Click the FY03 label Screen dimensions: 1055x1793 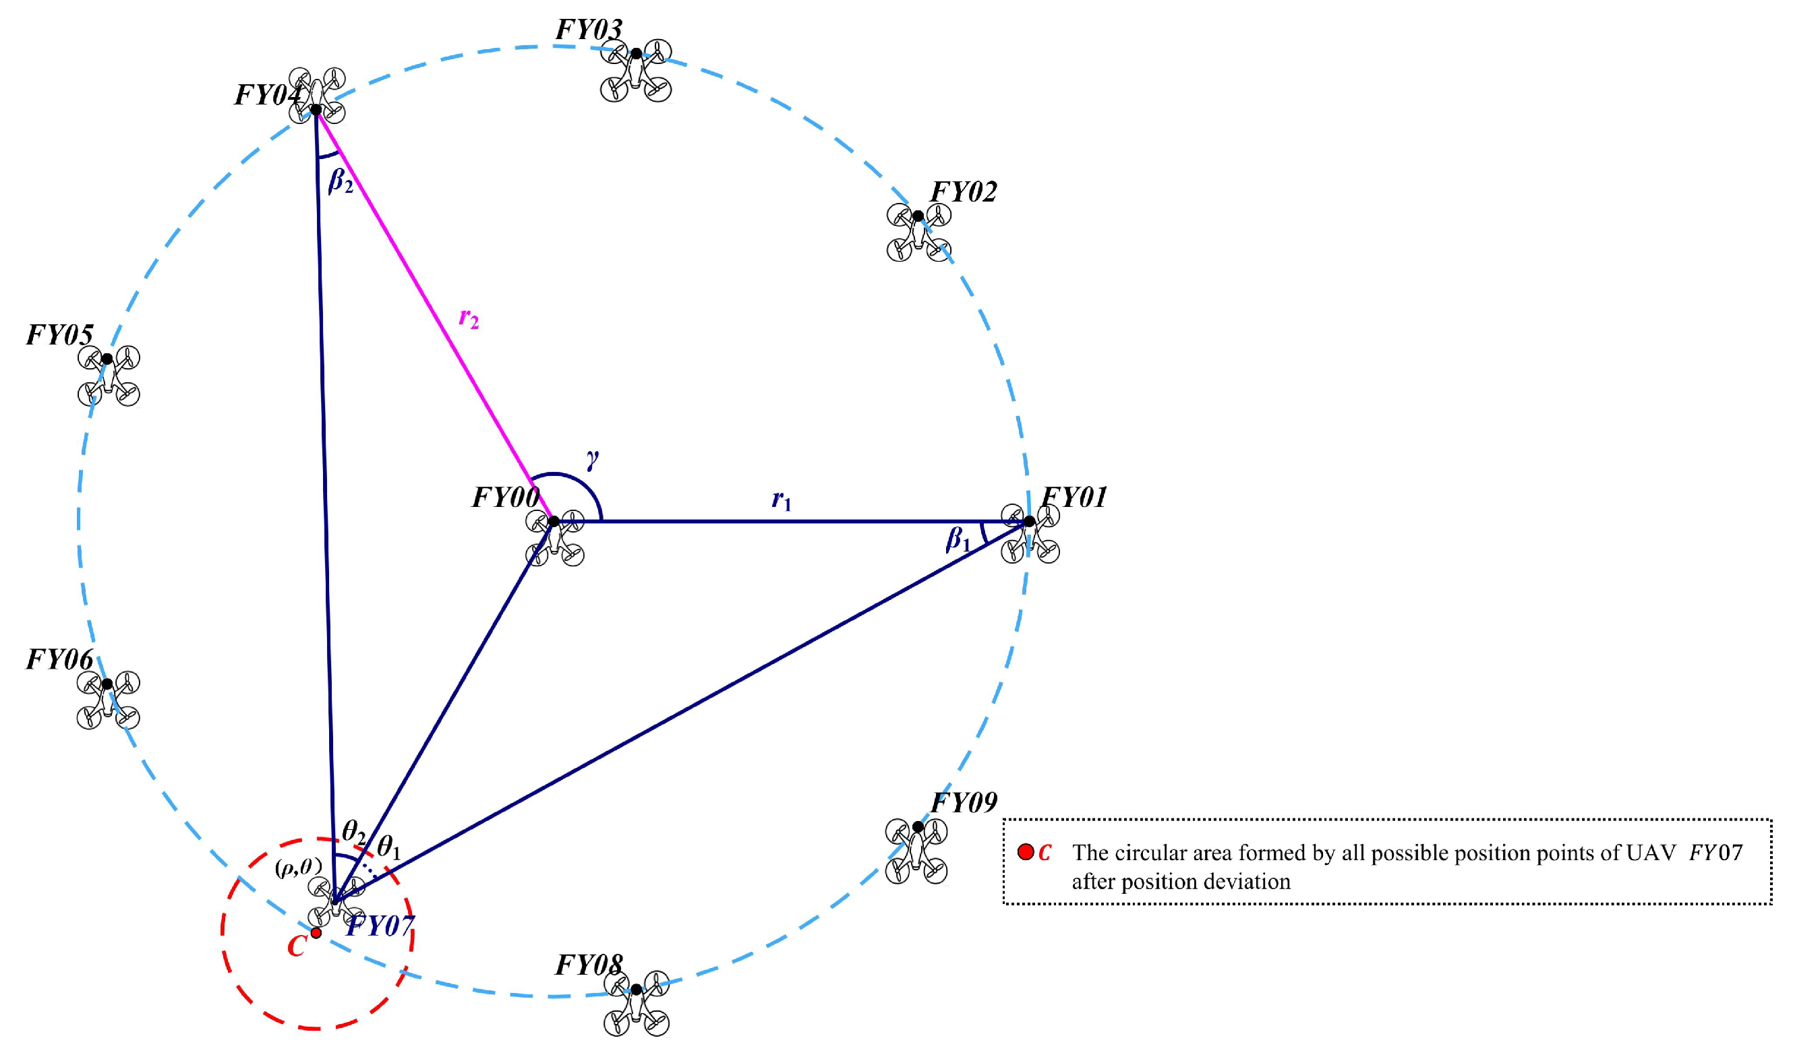tap(589, 30)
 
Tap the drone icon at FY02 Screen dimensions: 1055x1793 tap(918, 233)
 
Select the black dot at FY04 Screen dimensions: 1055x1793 tap(315, 111)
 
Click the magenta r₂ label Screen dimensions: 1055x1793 tap(468, 318)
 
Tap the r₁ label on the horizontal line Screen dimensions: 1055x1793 tap(782, 501)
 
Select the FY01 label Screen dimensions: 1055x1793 tap(1074, 498)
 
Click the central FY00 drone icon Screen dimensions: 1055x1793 tap(555, 538)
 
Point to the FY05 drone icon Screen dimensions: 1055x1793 tap(108, 375)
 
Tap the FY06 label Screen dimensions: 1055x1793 tap(60, 659)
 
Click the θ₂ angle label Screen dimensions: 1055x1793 tap(353, 831)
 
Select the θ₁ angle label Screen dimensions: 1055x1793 tap(389, 847)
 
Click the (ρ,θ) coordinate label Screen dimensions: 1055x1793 tap(298, 867)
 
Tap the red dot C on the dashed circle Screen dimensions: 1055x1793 tap(316, 932)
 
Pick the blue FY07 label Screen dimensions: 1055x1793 tap(380, 926)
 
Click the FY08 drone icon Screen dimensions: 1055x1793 tap(636, 1003)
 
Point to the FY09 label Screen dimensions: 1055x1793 tap(964, 802)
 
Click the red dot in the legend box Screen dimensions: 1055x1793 tap(1025, 852)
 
